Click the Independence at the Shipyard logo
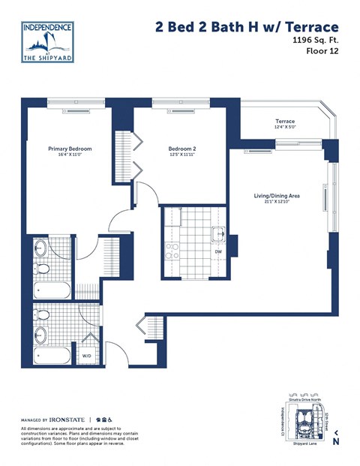click(x=46, y=42)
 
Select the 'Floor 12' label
click(x=322, y=52)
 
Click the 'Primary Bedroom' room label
click(x=69, y=149)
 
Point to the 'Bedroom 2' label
click(x=182, y=149)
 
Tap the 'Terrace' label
click(x=285, y=122)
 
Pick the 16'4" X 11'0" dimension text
click(x=69, y=155)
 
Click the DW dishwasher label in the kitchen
click(x=217, y=251)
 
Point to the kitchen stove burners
click(x=171, y=250)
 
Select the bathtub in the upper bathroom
click(x=52, y=291)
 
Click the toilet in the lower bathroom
click(x=43, y=315)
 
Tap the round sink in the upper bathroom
click(x=40, y=248)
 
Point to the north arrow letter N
click(x=336, y=442)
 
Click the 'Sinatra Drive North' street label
click(x=303, y=402)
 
